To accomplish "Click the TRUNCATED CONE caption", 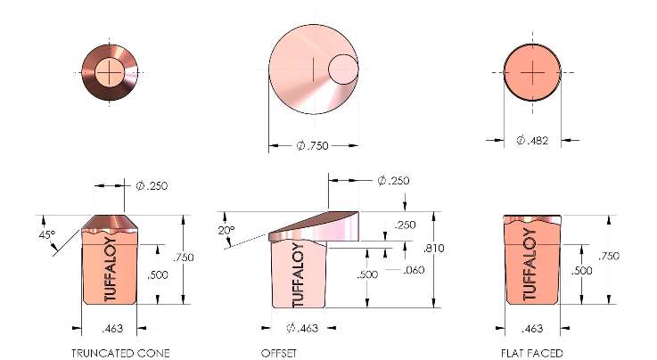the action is [x=120, y=353].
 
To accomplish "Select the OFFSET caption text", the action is [x=279, y=353].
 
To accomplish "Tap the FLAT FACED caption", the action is [x=531, y=353].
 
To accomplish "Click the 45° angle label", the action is [x=47, y=235].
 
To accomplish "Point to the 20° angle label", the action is [x=226, y=230].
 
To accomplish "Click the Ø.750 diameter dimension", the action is [x=313, y=145].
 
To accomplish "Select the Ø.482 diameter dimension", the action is [x=532, y=140].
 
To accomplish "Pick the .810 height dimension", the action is [x=433, y=249].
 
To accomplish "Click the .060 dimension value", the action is [x=414, y=270].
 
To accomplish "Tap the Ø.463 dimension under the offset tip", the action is [x=302, y=328].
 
